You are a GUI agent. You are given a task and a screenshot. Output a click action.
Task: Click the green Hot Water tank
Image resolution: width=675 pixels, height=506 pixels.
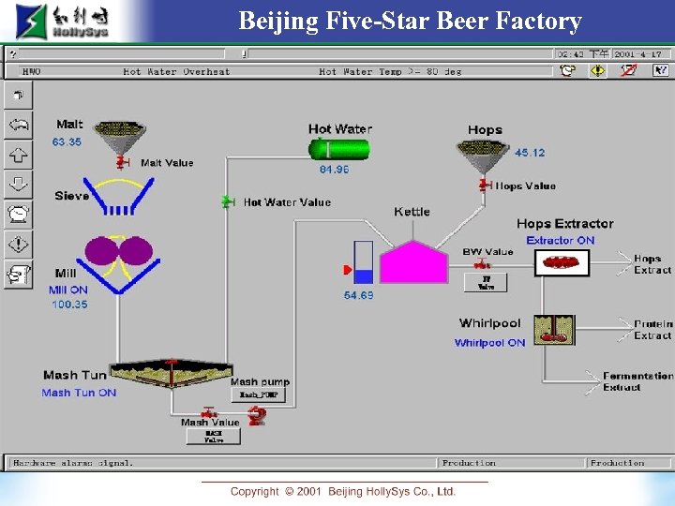pos(340,149)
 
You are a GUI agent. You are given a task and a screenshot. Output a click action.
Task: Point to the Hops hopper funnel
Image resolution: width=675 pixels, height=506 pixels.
pos(483,154)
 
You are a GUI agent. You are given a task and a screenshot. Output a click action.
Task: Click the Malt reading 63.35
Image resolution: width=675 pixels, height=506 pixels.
pos(67,142)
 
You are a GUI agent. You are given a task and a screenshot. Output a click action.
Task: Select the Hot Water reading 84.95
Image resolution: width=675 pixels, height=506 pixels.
pos(334,170)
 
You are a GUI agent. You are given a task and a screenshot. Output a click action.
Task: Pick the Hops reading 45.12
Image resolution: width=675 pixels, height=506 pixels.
pos(530,153)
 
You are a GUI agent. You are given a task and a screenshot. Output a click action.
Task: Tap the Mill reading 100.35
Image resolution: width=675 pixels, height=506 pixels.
pos(68,305)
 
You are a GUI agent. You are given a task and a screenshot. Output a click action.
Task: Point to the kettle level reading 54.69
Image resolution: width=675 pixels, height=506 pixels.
pos(358,295)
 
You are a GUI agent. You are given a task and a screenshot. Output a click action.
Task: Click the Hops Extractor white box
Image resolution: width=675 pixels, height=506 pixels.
pos(562,263)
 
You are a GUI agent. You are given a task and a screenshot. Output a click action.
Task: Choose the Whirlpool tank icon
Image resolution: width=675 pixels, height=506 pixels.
pos(554,330)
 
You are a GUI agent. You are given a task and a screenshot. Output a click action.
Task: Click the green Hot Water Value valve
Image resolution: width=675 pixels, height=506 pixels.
pos(226,201)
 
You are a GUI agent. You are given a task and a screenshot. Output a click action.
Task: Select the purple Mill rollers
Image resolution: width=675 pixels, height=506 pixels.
pos(118,251)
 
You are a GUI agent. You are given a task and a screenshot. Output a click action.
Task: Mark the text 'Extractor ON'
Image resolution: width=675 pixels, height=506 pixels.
pos(560,241)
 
